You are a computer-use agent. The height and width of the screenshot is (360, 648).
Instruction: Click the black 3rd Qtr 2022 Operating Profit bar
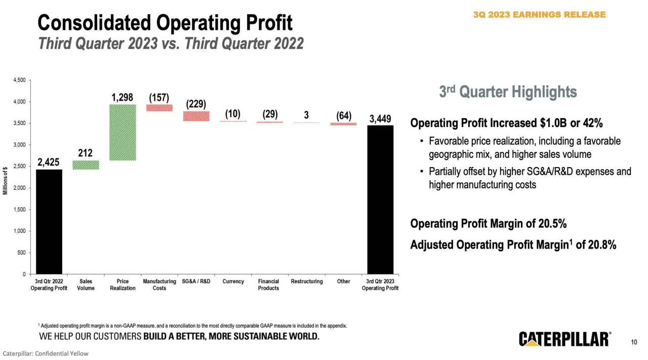pyautogui.click(x=49, y=222)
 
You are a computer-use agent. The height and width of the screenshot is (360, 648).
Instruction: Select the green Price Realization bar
pyautogui.click(x=123, y=133)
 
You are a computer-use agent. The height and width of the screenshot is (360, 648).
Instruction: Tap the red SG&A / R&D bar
pyautogui.click(x=196, y=116)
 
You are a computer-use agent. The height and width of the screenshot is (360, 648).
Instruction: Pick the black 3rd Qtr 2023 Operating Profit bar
pyautogui.click(x=380, y=199)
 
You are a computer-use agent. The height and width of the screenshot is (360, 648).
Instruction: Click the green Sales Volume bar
pyautogui.click(x=86, y=165)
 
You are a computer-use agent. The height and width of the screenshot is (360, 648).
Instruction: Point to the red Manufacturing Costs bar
pyautogui.click(x=159, y=107)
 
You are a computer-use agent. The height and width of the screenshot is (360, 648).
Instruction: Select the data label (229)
pyautogui.click(x=196, y=104)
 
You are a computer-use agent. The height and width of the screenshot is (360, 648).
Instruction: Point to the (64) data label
pyautogui.click(x=344, y=115)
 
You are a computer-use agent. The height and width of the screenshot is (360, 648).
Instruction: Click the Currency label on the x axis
pyautogui.click(x=233, y=282)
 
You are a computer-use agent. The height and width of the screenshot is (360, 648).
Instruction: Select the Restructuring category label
pyautogui.click(x=307, y=282)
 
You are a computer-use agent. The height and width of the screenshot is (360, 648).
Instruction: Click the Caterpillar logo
pyautogui.click(x=564, y=339)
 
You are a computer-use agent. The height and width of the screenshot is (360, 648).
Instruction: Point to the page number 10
pyautogui.click(x=634, y=342)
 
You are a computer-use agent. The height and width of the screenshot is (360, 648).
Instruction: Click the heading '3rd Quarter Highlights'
pyautogui.click(x=508, y=92)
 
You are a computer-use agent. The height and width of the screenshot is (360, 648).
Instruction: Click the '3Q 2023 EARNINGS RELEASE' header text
pyautogui.click(x=539, y=15)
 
